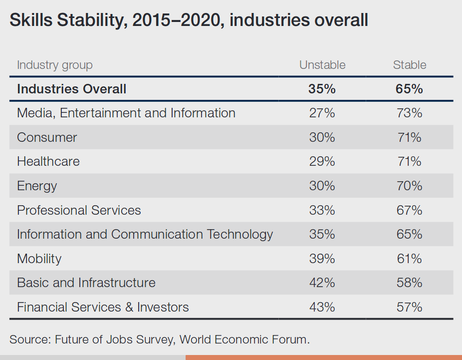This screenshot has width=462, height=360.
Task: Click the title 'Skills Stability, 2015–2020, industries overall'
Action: (189, 20)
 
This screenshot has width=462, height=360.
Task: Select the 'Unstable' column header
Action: (322, 65)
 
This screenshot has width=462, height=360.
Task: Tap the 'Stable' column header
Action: (410, 65)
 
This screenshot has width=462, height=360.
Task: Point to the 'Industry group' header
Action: (55, 65)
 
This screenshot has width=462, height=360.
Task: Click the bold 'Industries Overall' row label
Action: (72, 89)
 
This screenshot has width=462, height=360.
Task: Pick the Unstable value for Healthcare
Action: (322, 161)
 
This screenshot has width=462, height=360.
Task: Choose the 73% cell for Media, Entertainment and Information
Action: (410, 113)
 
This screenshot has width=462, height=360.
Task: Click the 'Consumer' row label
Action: (47, 137)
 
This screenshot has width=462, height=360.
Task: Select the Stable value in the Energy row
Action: (410, 186)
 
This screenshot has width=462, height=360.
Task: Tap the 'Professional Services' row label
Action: (79, 210)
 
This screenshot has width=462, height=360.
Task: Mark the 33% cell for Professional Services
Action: (322, 210)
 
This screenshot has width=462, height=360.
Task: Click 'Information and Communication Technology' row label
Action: (145, 234)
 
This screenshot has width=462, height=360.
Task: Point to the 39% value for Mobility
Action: (322, 259)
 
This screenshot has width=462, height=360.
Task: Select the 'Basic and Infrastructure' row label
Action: (86, 283)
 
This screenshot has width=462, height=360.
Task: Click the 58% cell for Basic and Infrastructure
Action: (410, 283)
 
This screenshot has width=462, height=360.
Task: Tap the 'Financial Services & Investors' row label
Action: (103, 307)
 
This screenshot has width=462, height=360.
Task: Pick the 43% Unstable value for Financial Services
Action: (322, 307)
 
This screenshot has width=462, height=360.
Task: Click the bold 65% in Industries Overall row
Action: (410, 89)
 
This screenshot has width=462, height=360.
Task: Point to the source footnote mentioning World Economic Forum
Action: (160, 340)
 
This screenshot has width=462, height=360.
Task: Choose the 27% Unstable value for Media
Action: (322, 113)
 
